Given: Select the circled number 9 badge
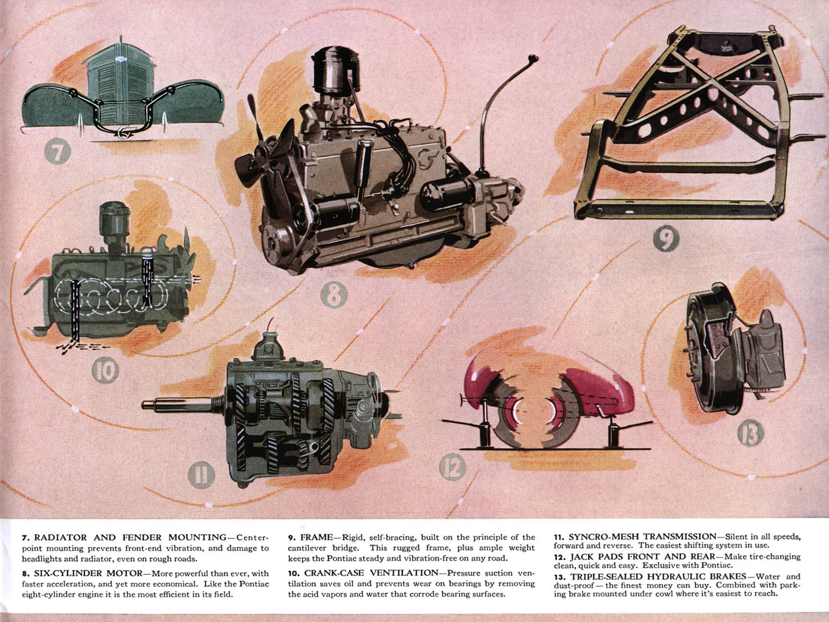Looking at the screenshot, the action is (666, 240).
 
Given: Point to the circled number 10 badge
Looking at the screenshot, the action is (105, 371).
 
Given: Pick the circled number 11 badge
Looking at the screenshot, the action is (201, 475).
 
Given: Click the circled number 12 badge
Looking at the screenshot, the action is (453, 468).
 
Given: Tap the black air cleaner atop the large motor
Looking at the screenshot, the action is (332, 80).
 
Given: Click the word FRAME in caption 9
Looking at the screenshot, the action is (317, 538).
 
